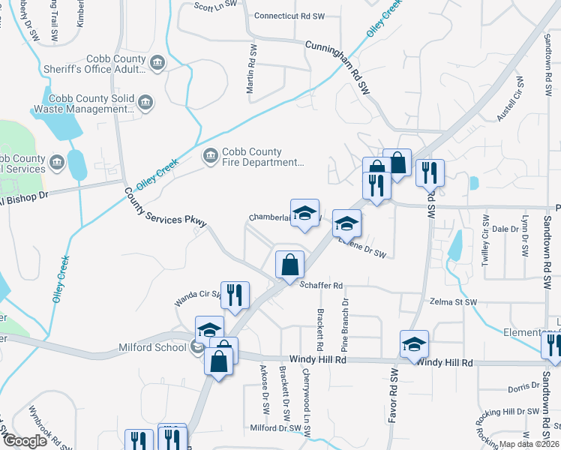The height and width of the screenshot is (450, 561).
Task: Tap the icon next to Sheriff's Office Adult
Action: [x=157, y=62]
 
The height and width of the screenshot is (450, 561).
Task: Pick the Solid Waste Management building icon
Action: [x=145, y=103]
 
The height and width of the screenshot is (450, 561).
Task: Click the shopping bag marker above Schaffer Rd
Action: [x=289, y=265]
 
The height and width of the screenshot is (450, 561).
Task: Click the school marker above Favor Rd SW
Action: [x=414, y=344]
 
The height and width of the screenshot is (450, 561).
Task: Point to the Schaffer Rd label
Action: [x=321, y=286]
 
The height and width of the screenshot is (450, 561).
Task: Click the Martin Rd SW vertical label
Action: [x=253, y=70]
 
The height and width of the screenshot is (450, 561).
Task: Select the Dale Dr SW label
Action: [x=505, y=229]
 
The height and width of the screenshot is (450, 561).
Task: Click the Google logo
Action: [x=24, y=441]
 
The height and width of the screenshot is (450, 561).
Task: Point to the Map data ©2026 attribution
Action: [x=529, y=444]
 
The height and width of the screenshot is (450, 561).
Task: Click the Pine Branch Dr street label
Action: [x=346, y=325]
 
